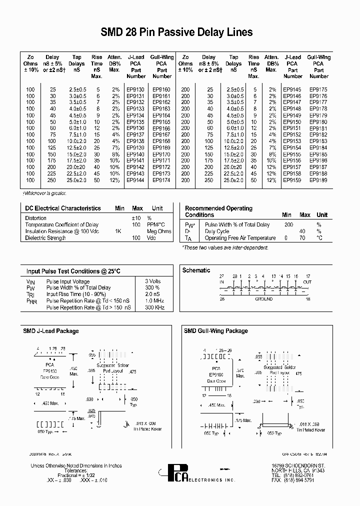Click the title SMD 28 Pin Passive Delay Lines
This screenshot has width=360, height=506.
[176, 33]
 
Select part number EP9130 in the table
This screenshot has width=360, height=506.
[135, 89]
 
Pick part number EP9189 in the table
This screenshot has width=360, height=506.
[318, 180]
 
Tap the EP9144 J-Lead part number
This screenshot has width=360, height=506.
[135, 180]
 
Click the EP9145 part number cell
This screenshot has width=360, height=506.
[292, 89]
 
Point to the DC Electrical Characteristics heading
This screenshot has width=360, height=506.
[63, 208]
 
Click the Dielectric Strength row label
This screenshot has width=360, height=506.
[45, 238]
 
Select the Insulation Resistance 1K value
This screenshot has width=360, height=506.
[118, 231]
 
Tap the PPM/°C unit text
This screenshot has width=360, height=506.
[155, 225]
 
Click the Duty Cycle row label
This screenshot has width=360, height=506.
[217, 231]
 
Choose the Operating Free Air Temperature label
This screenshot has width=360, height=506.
[240, 238]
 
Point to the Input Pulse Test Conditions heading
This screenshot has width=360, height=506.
[73, 271]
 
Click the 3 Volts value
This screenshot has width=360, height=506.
[153, 281]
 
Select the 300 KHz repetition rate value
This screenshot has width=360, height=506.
[154, 307]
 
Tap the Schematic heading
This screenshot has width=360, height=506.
[196, 270]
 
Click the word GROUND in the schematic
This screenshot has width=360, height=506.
[264, 299]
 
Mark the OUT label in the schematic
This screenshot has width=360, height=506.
[307, 282]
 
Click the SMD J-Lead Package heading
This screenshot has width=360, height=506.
[51, 331]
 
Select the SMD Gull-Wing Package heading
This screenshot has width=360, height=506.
[216, 331]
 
